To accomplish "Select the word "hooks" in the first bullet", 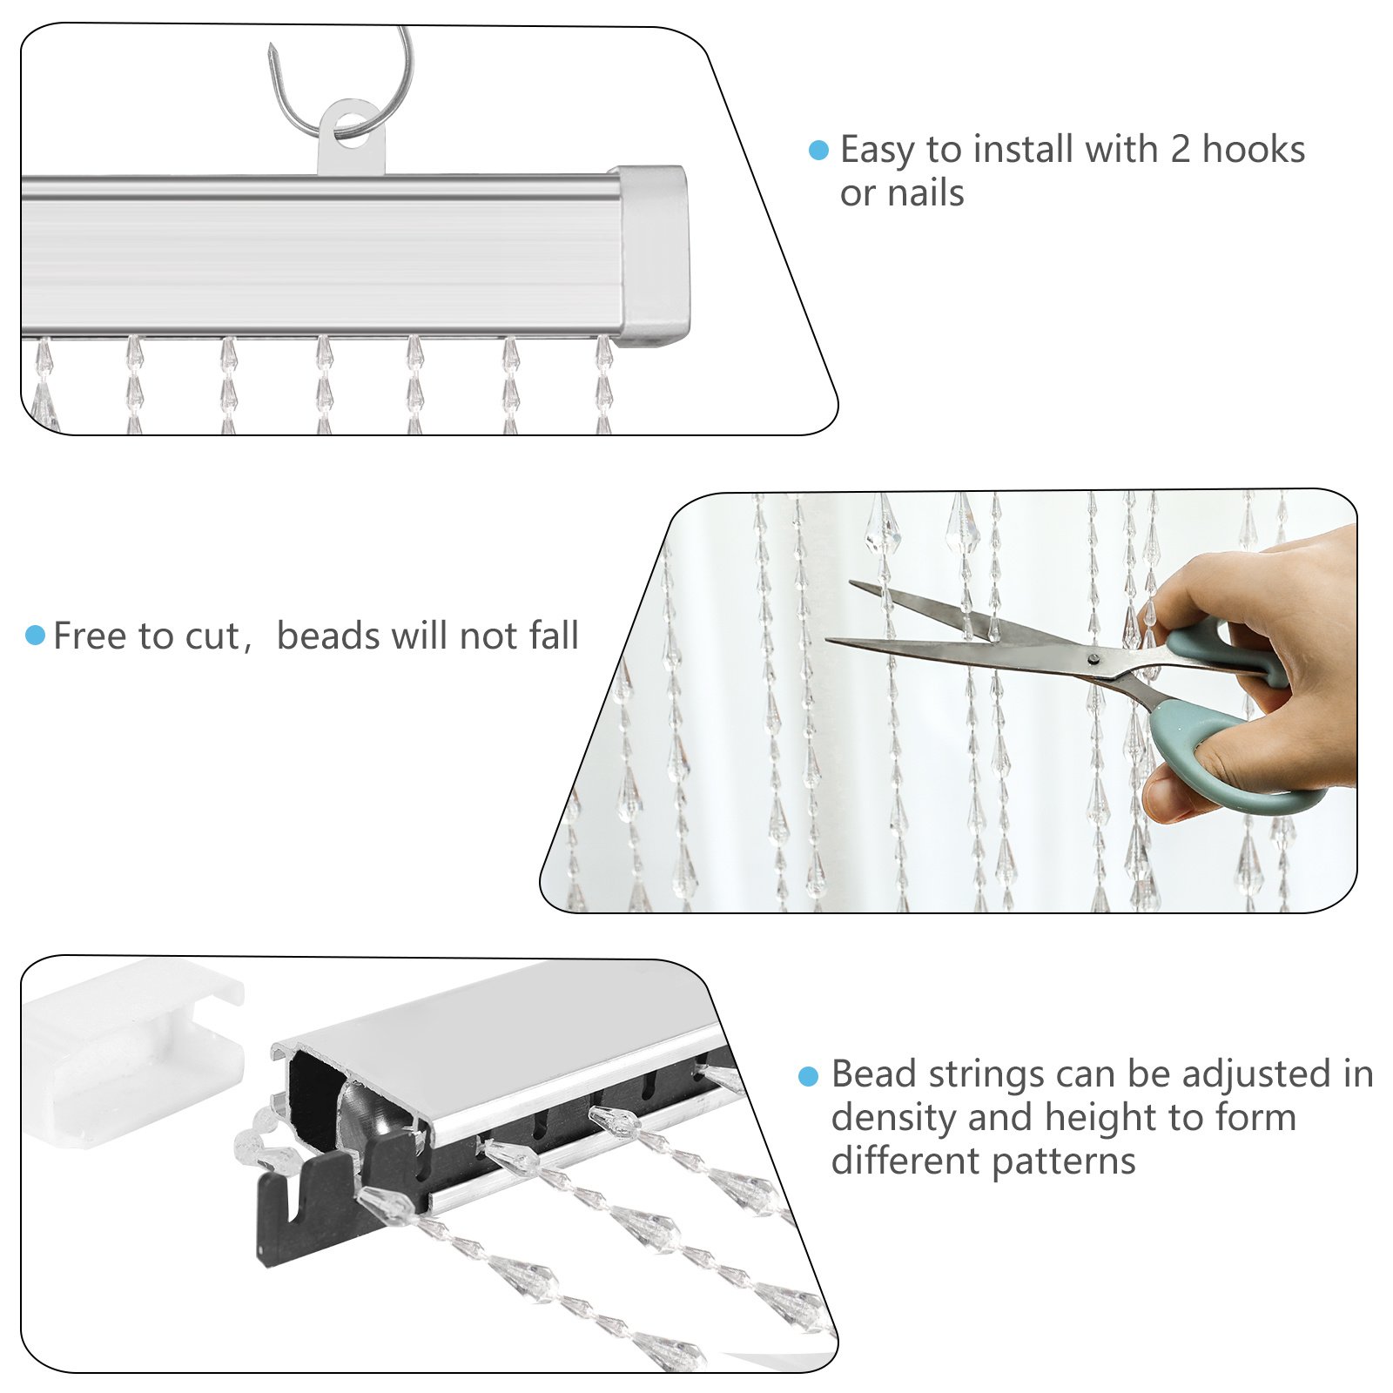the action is (1254, 150).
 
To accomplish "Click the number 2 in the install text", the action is (1180, 150).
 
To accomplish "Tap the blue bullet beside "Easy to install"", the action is (818, 151).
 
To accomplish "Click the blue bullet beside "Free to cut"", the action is (36, 635).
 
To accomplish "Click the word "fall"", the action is (554, 636).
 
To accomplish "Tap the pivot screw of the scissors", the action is (1094, 658).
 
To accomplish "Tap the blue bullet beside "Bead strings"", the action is (808, 1076).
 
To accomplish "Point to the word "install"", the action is (1024, 150).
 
